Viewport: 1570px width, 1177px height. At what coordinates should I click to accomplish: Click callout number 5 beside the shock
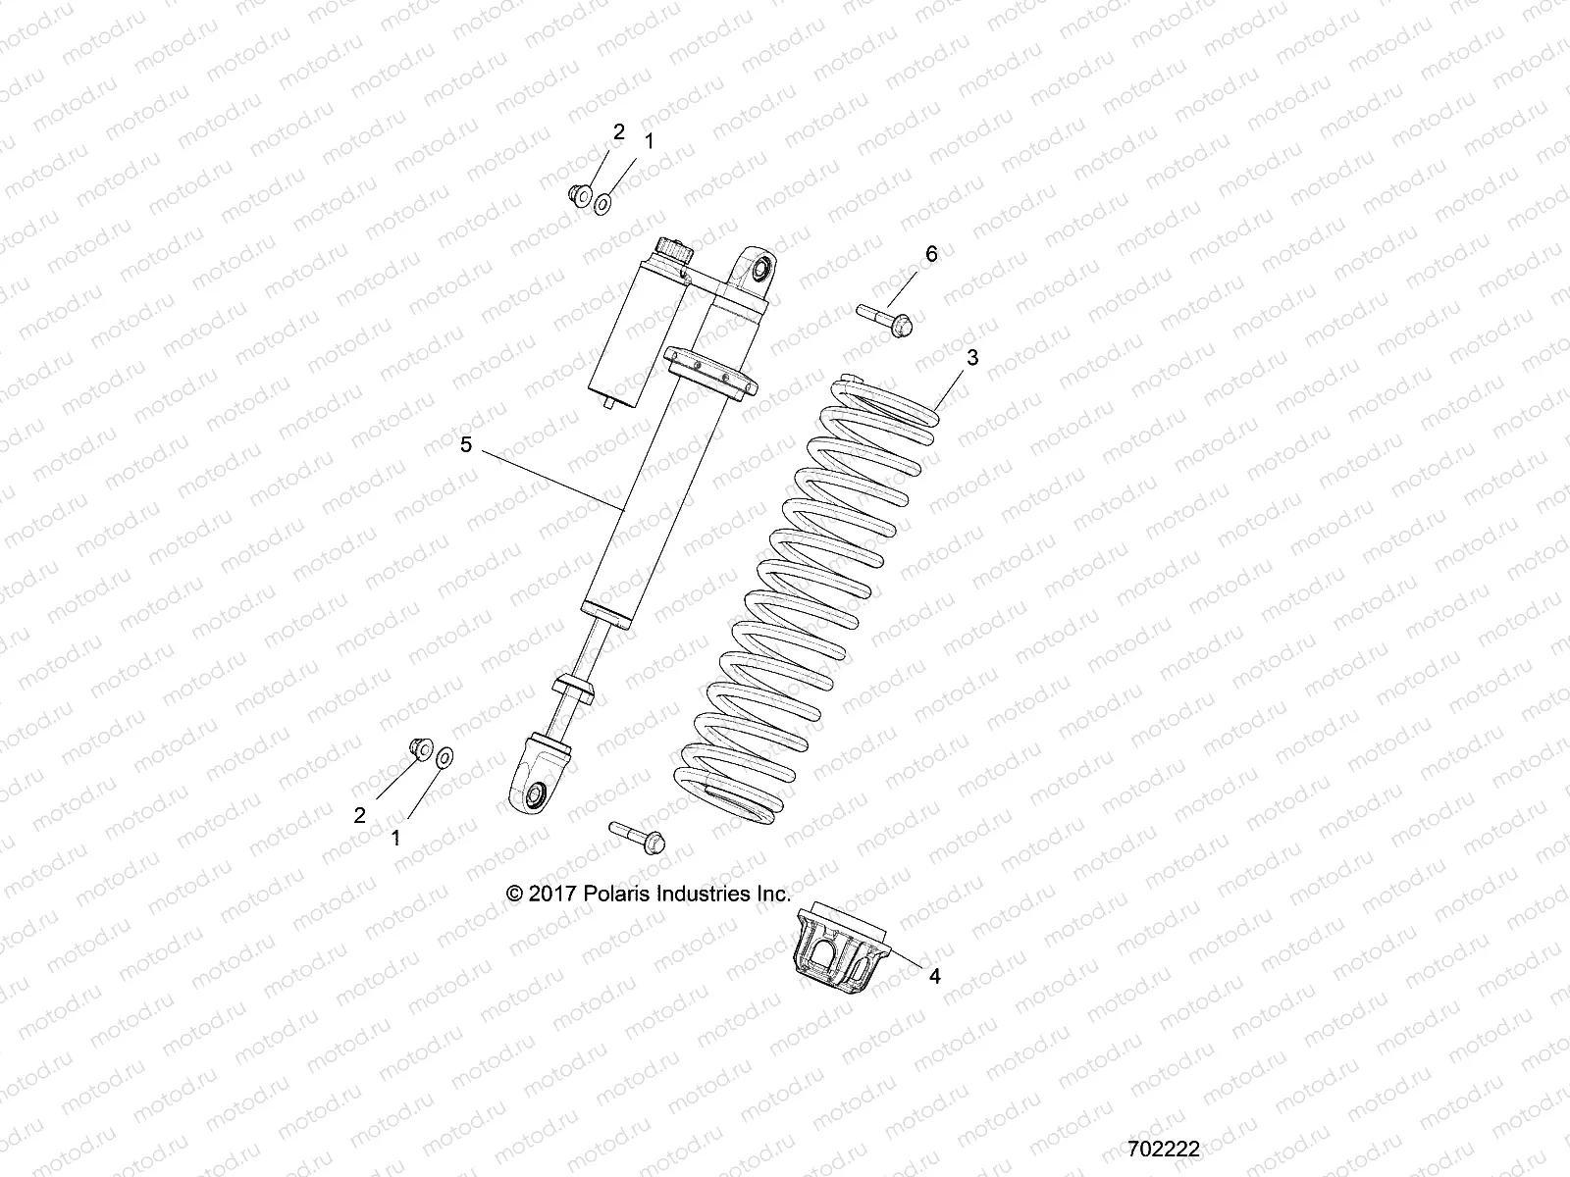pos(466,444)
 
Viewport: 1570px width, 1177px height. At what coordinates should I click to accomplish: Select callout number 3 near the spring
pos(972,358)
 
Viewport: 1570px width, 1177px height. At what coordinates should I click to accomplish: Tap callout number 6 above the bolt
pos(931,254)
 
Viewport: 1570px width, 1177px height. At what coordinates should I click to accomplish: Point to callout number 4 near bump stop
pos(934,976)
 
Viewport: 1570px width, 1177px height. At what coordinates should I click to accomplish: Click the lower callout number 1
pos(396,838)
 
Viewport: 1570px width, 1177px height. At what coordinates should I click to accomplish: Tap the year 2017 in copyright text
pos(551,894)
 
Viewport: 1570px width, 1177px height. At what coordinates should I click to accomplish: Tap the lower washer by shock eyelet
pos(445,756)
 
